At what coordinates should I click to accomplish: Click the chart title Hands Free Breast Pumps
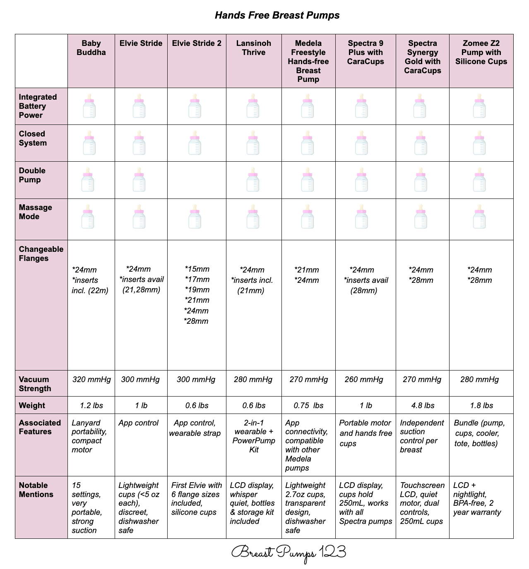coord(277,15)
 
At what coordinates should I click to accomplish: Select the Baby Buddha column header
coord(91,48)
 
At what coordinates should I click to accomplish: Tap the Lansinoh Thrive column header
coord(253,48)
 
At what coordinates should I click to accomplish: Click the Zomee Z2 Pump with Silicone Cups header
coord(481,52)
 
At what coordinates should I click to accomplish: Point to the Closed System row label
coord(32,138)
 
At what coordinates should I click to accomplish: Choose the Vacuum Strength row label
coord(35,384)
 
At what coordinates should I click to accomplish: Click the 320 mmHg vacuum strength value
coord(91,379)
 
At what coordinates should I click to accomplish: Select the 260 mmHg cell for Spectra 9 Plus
coord(364,379)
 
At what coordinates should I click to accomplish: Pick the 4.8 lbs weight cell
coord(423,405)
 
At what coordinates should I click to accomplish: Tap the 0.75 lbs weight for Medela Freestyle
coord(308,405)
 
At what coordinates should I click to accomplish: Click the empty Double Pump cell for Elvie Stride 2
coord(197,180)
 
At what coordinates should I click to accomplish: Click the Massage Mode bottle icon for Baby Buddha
coord(88,217)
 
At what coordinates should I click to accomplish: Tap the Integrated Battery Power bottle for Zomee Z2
coord(479,106)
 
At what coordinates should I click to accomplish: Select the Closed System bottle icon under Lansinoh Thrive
coord(252,143)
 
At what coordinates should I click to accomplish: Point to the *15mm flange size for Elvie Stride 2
coord(197,269)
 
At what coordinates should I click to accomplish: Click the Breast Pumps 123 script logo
coord(288,552)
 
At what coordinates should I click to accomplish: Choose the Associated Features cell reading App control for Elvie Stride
coord(138,423)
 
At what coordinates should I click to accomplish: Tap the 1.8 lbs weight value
coord(481,405)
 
